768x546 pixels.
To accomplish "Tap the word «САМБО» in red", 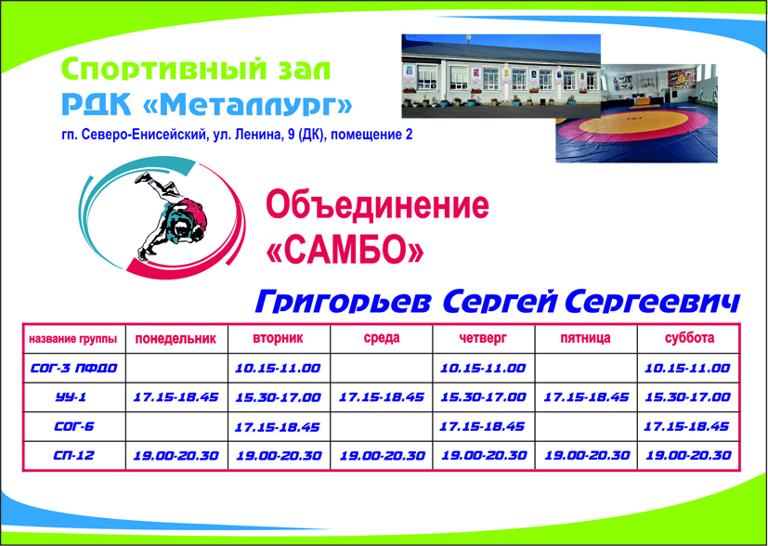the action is coord(345,249).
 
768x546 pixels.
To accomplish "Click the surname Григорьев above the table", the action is coord(344,302).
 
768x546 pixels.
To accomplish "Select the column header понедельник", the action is coord(176,338).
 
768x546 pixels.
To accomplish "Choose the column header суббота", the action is coord(689,338).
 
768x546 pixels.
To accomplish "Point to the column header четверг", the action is coord(483,338).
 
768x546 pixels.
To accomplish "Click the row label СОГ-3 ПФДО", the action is coord(74,369).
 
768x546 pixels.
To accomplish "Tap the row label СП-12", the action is coord(73,455).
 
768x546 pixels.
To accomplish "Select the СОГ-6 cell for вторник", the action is coord(278,427).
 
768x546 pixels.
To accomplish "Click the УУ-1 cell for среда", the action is coord(382,397).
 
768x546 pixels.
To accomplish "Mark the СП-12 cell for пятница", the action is coord(587,455).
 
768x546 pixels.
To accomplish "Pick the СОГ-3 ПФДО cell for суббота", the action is coord(687,369).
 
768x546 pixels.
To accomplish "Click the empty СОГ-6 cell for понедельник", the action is coord(176,426).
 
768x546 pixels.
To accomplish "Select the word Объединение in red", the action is coord(377,204).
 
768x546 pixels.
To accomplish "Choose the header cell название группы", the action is coord(73,339).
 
